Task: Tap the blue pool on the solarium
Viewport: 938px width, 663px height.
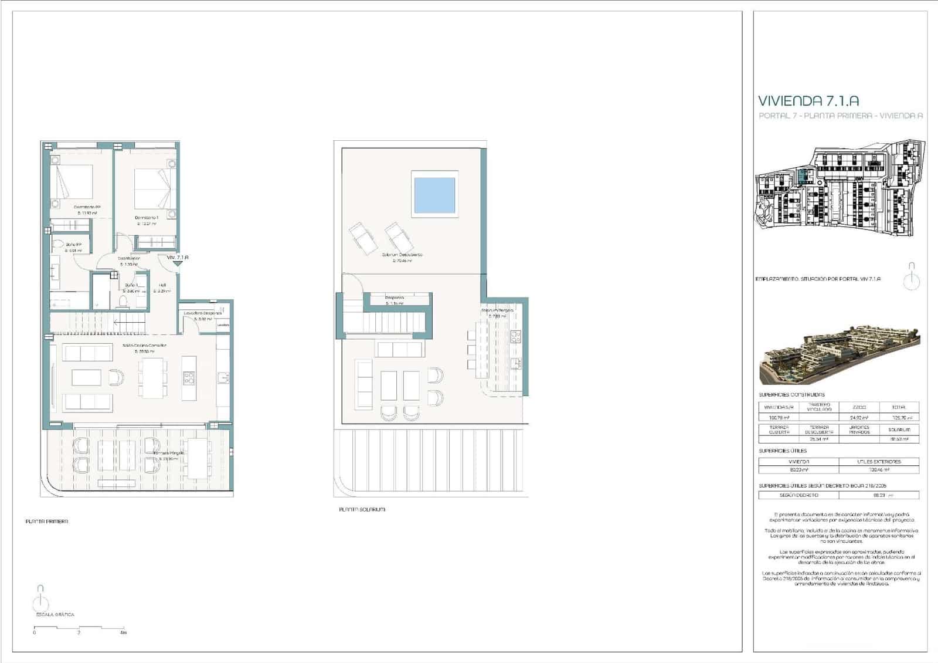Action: (434, 195)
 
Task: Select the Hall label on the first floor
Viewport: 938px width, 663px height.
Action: (162, 285)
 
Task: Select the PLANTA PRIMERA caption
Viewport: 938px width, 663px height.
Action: (47, 521)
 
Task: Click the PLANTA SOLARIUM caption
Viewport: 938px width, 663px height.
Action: (362, 509)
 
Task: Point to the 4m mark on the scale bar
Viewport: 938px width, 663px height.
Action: (123, 632)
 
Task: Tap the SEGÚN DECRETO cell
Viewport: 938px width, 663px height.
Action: (798, 495)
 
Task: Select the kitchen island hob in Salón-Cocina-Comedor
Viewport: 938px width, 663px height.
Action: (189, 378)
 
